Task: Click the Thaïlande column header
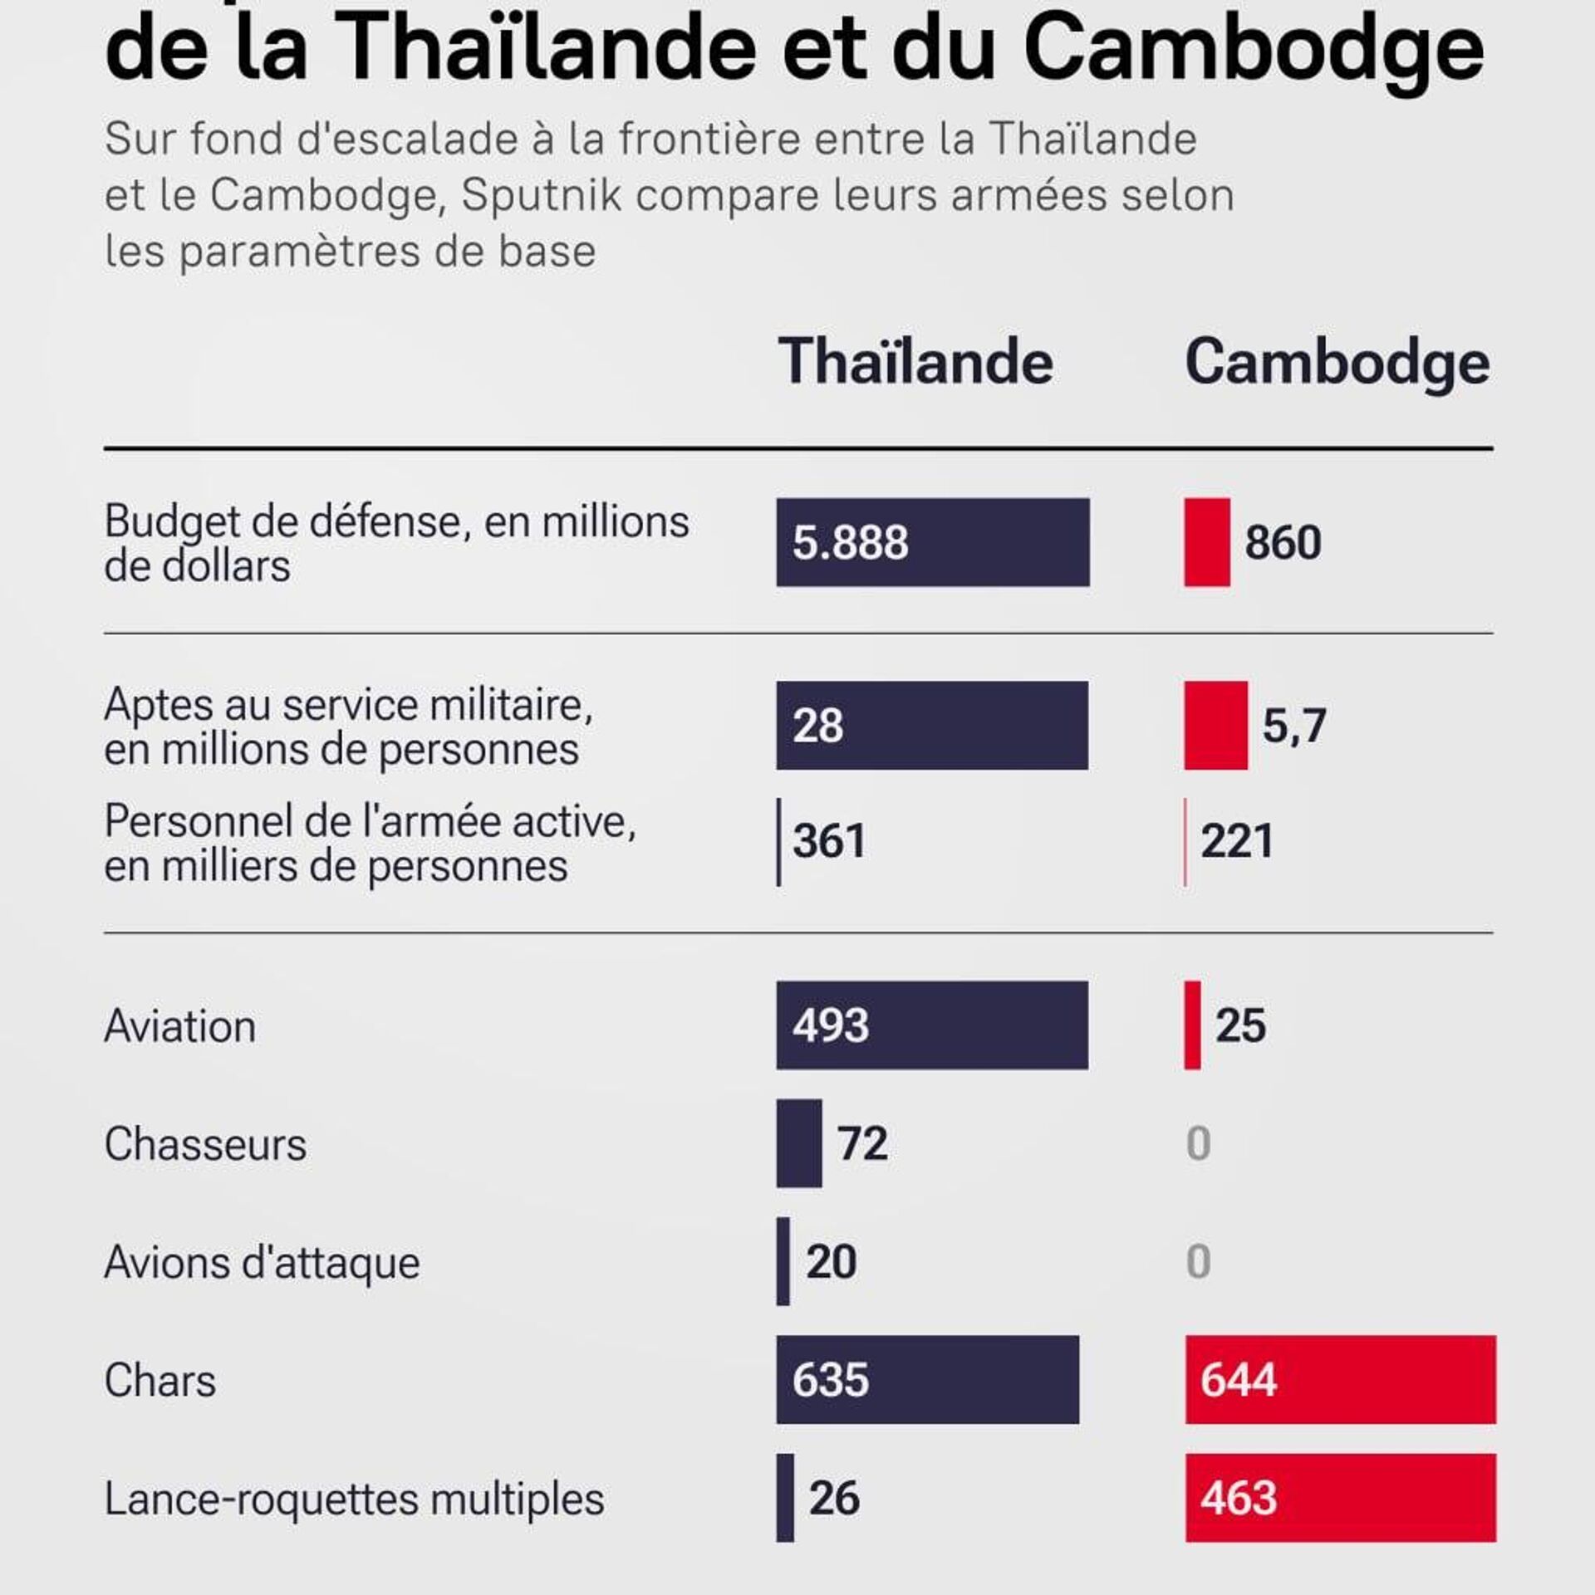coord(915,362)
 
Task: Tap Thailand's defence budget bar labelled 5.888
coord(932,542)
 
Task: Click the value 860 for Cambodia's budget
coord(1283,543)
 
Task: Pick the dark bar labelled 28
coord(932,726)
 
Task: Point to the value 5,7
coord(1293,727)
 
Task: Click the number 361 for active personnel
coord(829,840)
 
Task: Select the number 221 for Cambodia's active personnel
coord(1237,840)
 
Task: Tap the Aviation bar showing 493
coord(932,1025)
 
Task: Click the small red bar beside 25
coord(1192,1025)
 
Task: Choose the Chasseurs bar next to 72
coord(799,1143)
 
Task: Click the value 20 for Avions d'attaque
coord(831,1262)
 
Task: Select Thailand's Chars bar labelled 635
coord(928,1380)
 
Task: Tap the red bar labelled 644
coord(1340,1380)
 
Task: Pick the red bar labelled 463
coord(1340,1498)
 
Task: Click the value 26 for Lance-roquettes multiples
coord(834,1498)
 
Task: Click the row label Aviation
coord(179,1026)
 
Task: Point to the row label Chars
coord(160,1381)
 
